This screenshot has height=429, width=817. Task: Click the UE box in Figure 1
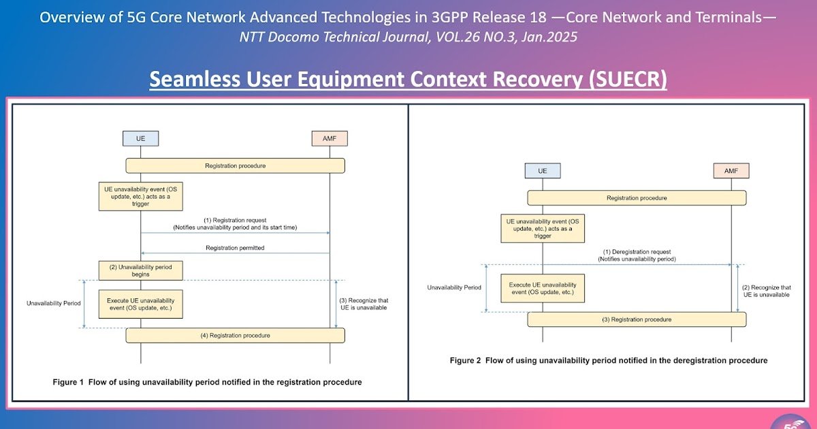[x=141, y=138]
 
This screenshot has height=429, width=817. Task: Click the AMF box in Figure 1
[x=330, y=138]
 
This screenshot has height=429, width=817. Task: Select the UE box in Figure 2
[x=543, y=170]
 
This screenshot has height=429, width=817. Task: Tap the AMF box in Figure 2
[x=731, y=170]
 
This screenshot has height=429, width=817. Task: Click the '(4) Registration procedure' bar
[x=235, y=335]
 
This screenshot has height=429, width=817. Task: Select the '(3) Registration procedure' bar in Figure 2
[x=637, y=319]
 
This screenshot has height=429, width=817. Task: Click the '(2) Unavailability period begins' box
[x=141, y=270]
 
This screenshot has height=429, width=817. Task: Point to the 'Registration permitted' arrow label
[x=235, y=248]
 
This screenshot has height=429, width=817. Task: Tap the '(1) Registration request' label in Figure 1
[x=235, y=224]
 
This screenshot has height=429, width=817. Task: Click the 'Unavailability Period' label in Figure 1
[x=53, y=303]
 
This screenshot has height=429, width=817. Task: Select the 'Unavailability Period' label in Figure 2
[x=454, y=287]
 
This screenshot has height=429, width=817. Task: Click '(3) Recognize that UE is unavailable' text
[x=364, y=304]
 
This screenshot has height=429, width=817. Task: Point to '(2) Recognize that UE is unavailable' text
[x=767, y=291]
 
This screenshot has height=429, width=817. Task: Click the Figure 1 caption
[x=207, y=382]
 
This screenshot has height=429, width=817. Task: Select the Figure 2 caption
[x=608, y=360]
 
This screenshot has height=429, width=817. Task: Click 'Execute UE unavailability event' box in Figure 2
[x=543, y=288]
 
